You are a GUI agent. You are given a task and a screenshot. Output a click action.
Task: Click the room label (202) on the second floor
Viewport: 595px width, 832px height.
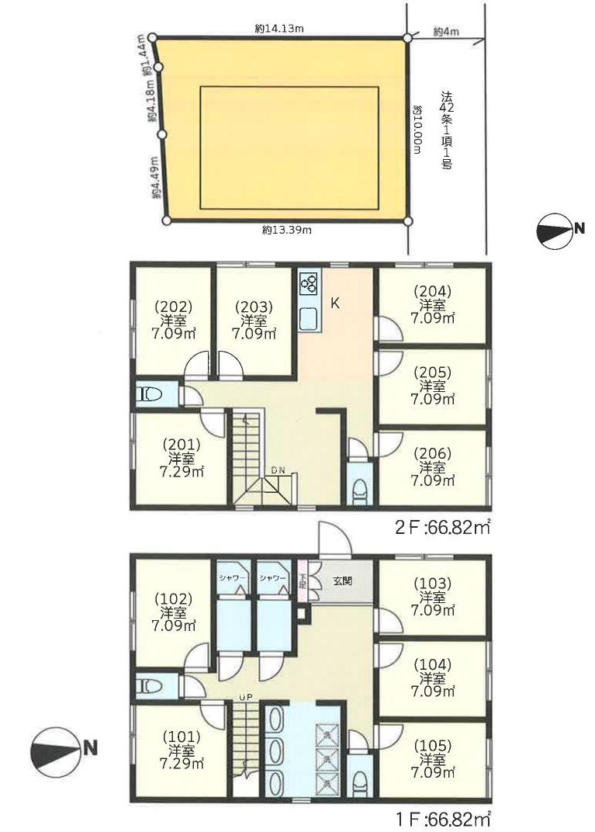pos(172,307)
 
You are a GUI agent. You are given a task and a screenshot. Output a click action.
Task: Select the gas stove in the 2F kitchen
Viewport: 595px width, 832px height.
pos(309,284)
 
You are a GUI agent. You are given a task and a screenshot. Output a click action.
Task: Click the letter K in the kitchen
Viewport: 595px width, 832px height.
pos(335,304)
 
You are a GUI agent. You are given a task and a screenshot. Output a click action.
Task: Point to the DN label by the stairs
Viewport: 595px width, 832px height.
pos(278,470)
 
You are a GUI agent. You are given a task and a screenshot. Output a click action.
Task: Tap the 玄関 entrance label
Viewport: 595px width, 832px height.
pos(343,581)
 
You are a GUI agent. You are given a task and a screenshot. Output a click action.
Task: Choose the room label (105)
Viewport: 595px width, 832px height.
pos(433,746)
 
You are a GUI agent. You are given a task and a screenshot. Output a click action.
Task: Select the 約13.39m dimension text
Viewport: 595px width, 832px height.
pos(286,231)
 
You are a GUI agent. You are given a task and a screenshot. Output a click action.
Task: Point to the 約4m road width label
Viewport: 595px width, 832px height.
pos(446,32)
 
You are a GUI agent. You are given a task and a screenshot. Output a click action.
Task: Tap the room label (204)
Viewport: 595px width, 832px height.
pos(433,291)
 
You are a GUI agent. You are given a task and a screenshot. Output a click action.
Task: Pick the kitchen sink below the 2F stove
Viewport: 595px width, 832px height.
pos(309,319)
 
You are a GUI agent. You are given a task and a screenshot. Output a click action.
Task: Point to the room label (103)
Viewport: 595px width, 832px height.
pos(433,584)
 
